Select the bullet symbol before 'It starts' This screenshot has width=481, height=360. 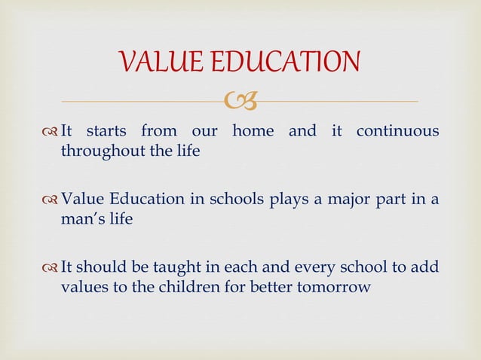pyautogui.click(x=50, y=132)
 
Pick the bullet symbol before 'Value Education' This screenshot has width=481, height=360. pyautogui.click(x=50, y=200)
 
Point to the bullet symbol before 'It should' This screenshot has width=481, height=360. pyautogui.click(x=50, y=267)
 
